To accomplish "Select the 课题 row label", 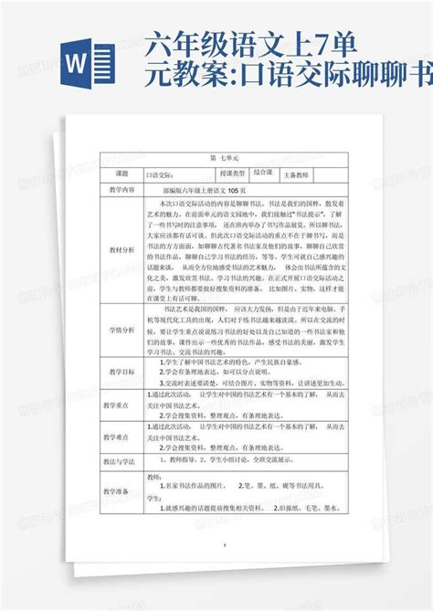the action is coord(121,173).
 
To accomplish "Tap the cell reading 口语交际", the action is coord(159,173).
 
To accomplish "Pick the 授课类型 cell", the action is coord(226,173).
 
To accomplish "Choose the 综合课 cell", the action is coord(263,172).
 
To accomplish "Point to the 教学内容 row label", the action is coord(121,189).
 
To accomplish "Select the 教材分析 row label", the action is coord(121,248).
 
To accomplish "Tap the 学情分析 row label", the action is coord(121,328).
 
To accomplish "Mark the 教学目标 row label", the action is coord(121,373).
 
